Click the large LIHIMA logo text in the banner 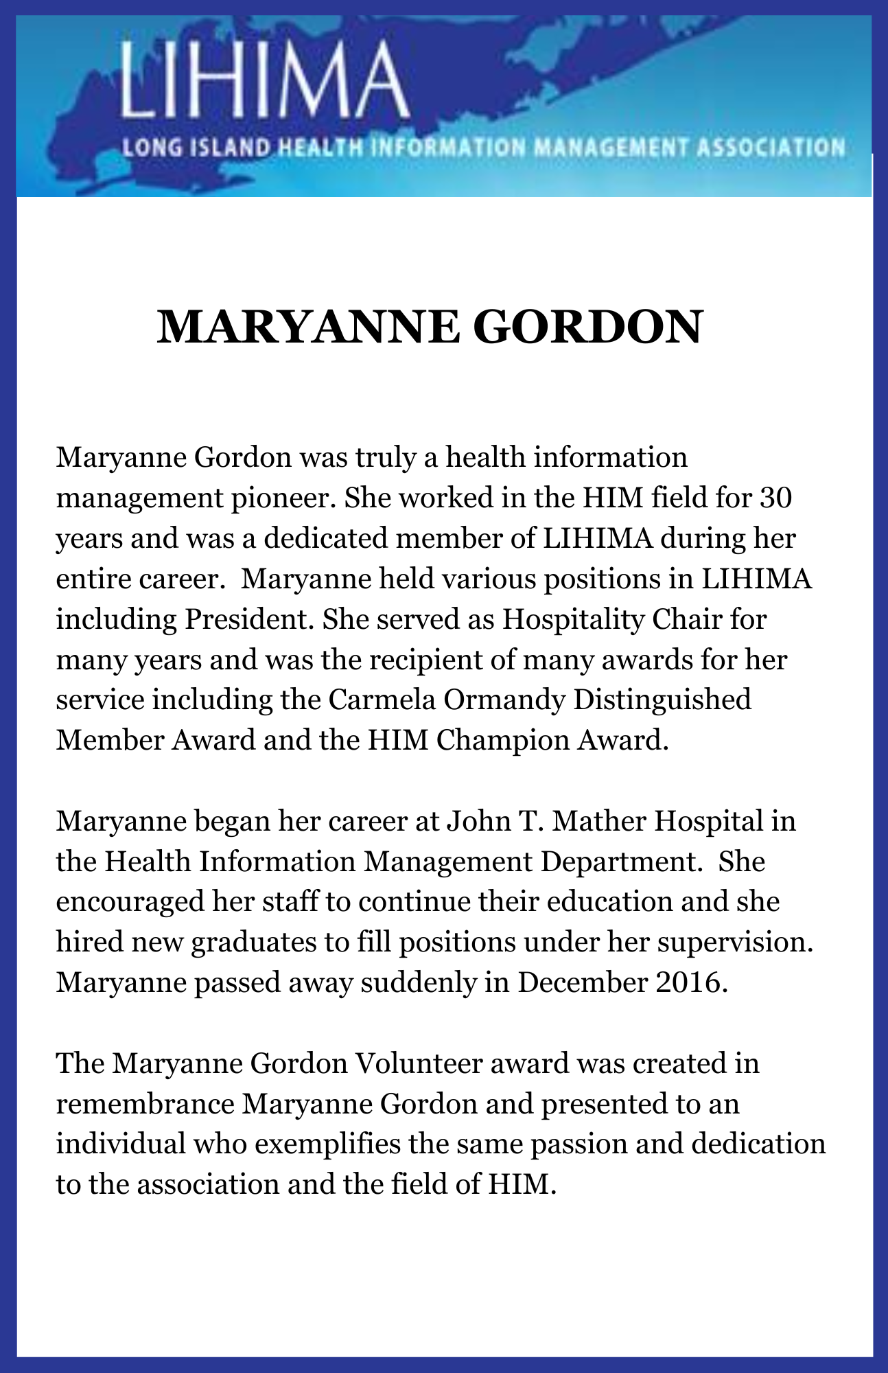click(264, 81)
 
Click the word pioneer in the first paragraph click(283, 498)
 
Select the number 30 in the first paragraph click(775, 498)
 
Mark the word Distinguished click(662, 701)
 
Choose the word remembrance click(145, 1104)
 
